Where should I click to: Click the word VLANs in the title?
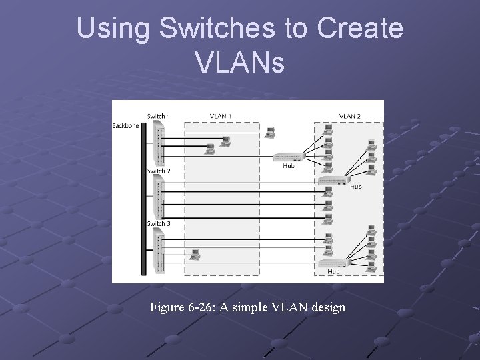pyautogui.click(x=241, y=63)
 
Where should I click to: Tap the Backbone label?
pyautogui.click(x=125, y=125)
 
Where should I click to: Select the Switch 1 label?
pyautogui.click(x=159, y=116)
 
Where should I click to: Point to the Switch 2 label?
pyautogui.click(x=159, y=171)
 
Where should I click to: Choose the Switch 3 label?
pyautogui.click(x=159, y=224)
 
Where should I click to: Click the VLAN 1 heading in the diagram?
pyautogui.click(x=221, y=116)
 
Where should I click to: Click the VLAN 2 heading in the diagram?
pyautogui.click(x=351, y=116)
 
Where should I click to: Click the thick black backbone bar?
pyautogui.click(x=143, y=200)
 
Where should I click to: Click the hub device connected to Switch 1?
pyautogui.click(x=287, y=157)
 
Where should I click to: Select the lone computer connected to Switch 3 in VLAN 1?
pyautogui.click(x=195, y=253)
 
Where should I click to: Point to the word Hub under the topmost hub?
pyautogui.click(x=288, y=165)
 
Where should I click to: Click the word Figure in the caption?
pyautogui.click(x=169, y=307)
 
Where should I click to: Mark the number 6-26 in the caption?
pyautogui.click(x=205, y=307)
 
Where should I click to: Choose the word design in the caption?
pyautogui.click(x=326, y=307)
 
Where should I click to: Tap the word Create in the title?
pyautogui.click(x=361, y=29)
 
